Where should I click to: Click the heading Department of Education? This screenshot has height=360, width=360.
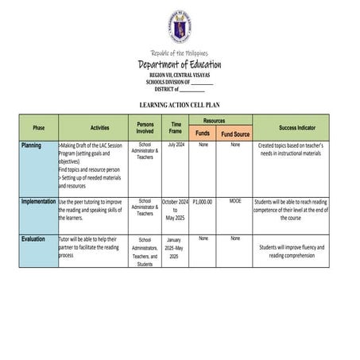(180, 64)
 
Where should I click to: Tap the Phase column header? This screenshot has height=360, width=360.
(39, 127)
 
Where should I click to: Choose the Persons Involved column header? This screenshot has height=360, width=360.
(145, 127)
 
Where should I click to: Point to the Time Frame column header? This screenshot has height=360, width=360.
(176, 127)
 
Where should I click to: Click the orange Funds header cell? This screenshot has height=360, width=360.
(203, 134)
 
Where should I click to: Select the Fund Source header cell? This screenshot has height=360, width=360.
(235, 134)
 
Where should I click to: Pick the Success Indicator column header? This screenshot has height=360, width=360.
(296, 127)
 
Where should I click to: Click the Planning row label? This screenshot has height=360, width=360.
(32, 145)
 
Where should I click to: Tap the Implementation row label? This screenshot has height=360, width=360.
(39, 202)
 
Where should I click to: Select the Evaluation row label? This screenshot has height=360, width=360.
(33, 238)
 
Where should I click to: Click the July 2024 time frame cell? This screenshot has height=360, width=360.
(176, 145)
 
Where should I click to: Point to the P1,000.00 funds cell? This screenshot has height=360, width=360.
(203, 202)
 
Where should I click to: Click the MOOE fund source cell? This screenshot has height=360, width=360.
(235, 201)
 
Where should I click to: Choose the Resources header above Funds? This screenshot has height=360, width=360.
(219, 119)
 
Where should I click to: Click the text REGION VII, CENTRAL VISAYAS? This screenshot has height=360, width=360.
(180, 75)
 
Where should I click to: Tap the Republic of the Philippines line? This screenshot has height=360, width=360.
(180, 53)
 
